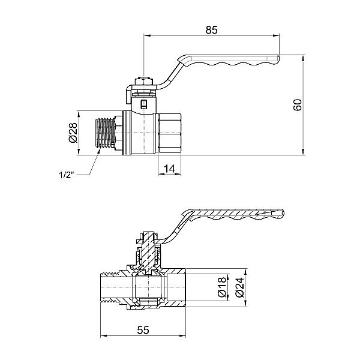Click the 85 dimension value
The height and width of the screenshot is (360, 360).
(x=211, y=30)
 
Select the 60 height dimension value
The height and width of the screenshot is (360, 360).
(x=298, y=105)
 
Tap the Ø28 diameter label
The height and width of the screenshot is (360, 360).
(x=73, y=133)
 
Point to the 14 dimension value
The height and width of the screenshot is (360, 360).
(x=169, y=169)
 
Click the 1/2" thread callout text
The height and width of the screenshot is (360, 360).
(x=67, y=175)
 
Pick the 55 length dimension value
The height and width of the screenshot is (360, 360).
(x=143, y=330)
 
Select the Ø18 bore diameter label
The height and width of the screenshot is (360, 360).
(x=223, y=287)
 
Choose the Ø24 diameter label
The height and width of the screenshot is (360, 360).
(x=239, y=287)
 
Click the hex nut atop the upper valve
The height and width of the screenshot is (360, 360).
(x=144, y=82)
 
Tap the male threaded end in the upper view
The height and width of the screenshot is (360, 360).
(x=106, y=133)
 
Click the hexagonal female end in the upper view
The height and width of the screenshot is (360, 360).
(x=170, y=133)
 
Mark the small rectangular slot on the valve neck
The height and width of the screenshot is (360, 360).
(x=143, y=104)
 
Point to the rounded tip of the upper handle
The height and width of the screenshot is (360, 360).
(x=278, y=59)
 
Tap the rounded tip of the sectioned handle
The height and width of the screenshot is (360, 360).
(x=282, y=213)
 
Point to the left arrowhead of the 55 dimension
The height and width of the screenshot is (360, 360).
(x=104, y=336)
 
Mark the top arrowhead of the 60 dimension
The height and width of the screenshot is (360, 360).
(x=303, y=58)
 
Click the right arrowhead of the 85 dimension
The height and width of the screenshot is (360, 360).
(x=276, y=35)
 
